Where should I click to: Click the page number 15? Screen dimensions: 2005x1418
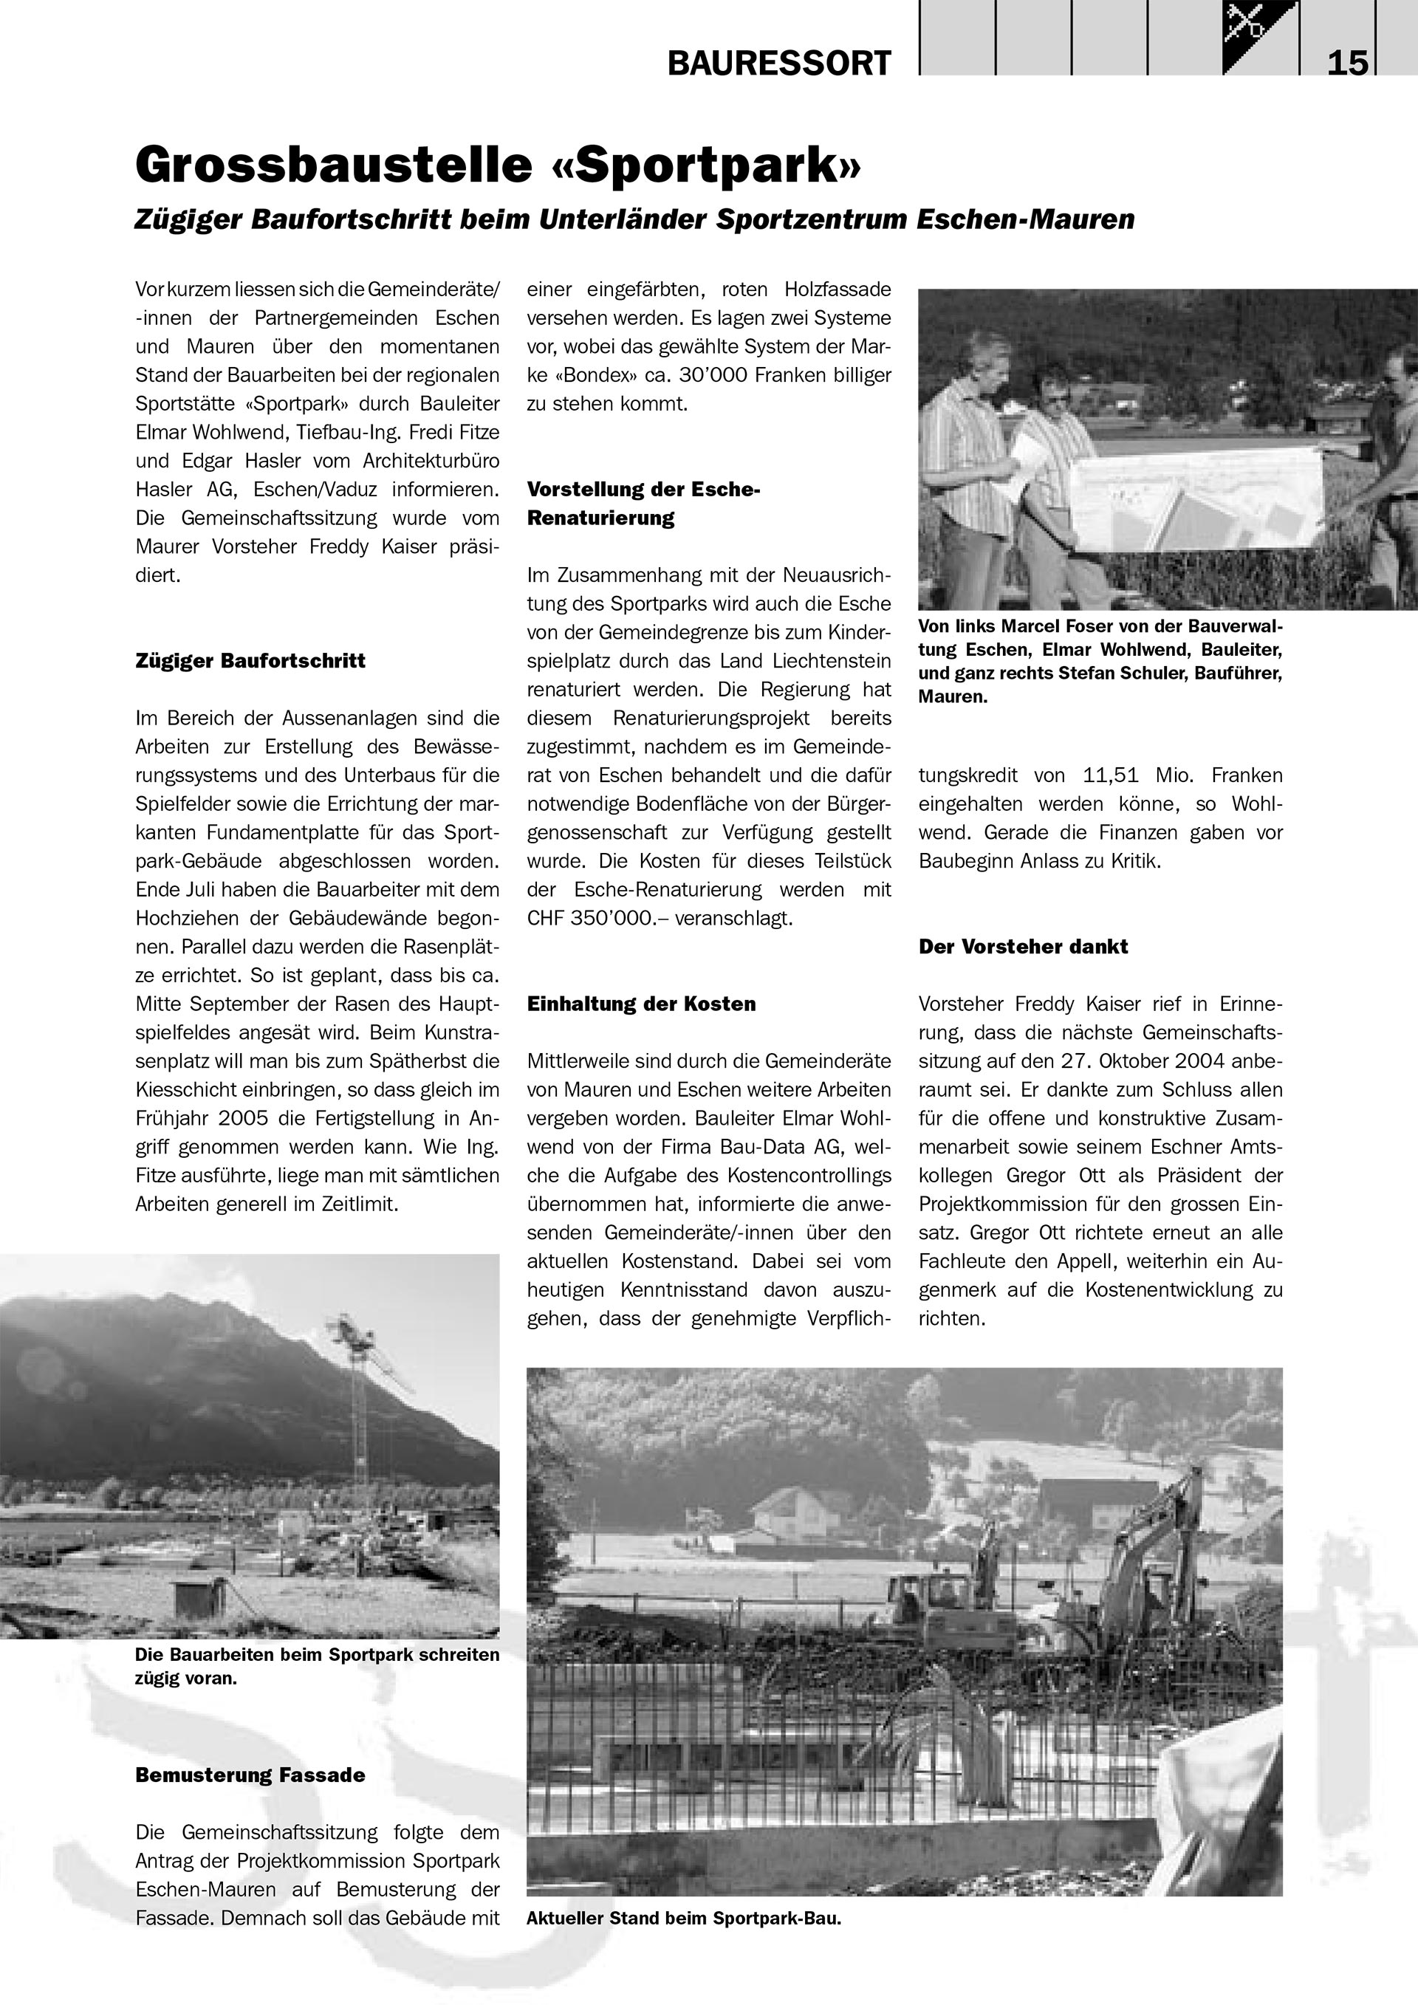pyautogui.click(x=1347, y=64)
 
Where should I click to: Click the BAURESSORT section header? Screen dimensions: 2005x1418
pyautogui.click(x=779, y=64)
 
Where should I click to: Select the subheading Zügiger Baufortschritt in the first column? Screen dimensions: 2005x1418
pyautogui.click(x=250, y=661)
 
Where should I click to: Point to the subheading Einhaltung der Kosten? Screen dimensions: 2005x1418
pyautogui.click(x=641, y=1004)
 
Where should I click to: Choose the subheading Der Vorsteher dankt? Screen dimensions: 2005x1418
pyautogui.click(x=1022, y=947)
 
